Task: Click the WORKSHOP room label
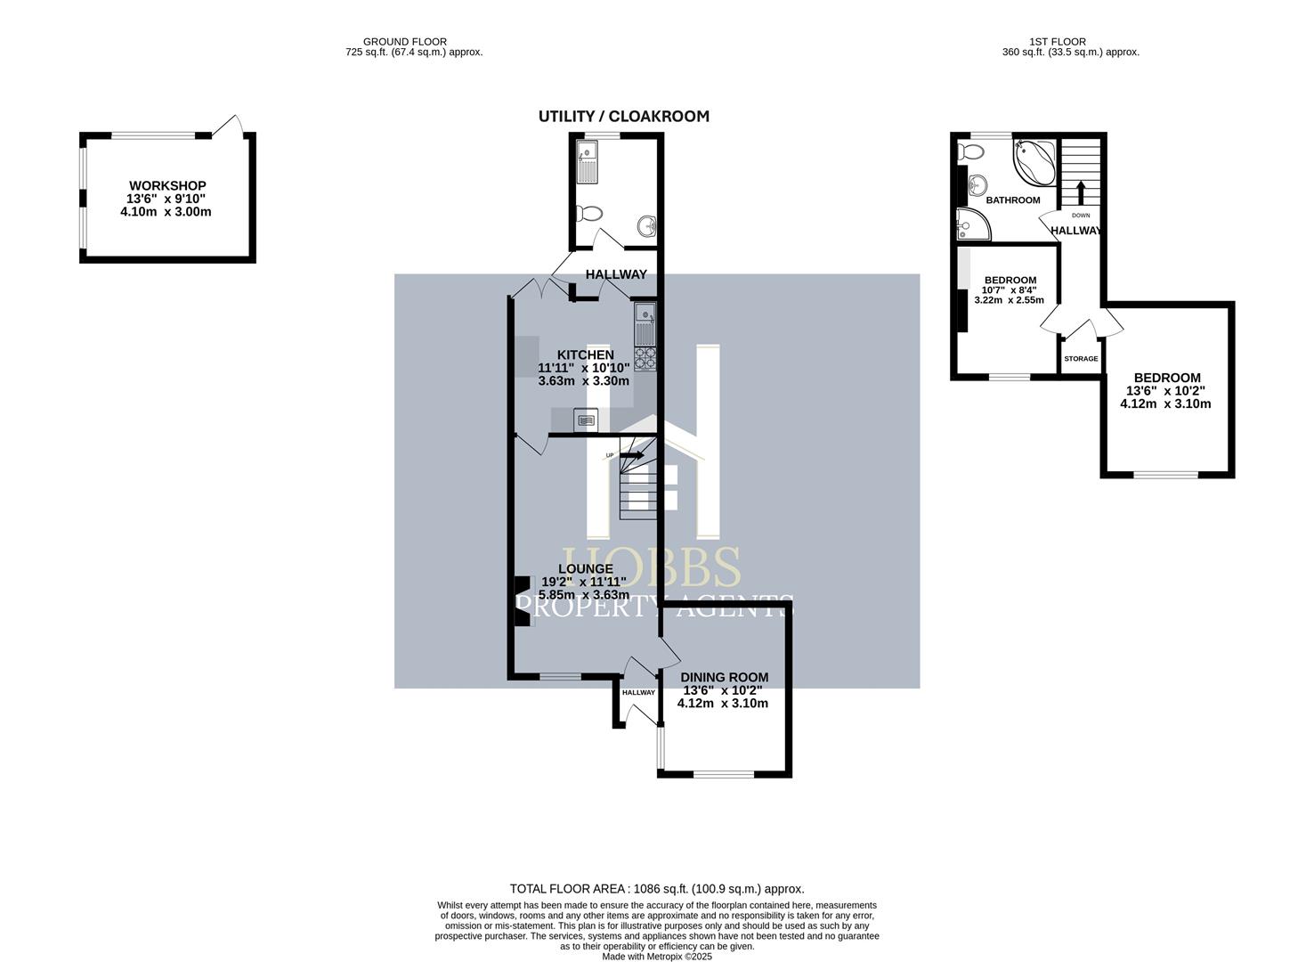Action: (x=167, y=186)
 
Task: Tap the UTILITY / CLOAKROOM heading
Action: (x=623, y=117)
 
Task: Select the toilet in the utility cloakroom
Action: (x=588, y=214)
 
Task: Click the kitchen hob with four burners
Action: (x=645, y=358)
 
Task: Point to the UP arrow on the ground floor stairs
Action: (x=631, y=455)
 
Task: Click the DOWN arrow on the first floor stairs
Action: (x=1081, y=192)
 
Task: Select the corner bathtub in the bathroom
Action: (x=1034, y=160)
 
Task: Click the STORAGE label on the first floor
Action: (x=1081, y=359)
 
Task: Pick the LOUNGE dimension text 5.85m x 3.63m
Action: (x=584, y=595)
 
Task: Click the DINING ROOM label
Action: (x=724, y=677)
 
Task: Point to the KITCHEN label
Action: (x=585, y=355)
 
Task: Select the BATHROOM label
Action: (x=1012, y=200)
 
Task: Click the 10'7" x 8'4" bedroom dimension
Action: (x=1009, y=289)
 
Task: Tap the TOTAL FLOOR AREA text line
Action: (x=656, y=889)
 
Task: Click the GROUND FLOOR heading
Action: (x=405, y=41)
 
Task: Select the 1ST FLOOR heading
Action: (x=1057, y=41)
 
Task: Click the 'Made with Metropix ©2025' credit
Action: (x=656, y=957)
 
